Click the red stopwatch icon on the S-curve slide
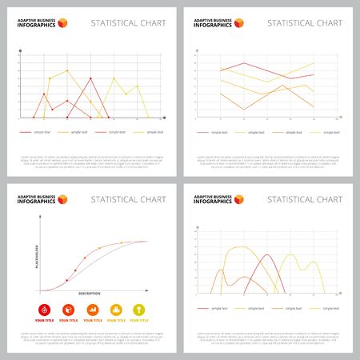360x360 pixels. click(44, 309)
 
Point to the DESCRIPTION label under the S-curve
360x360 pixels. click(90, 294)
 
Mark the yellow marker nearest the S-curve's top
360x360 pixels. click(121, 242)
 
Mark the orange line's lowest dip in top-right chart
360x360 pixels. click(246, 109)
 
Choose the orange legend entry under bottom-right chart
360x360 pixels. click(280, 307)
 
